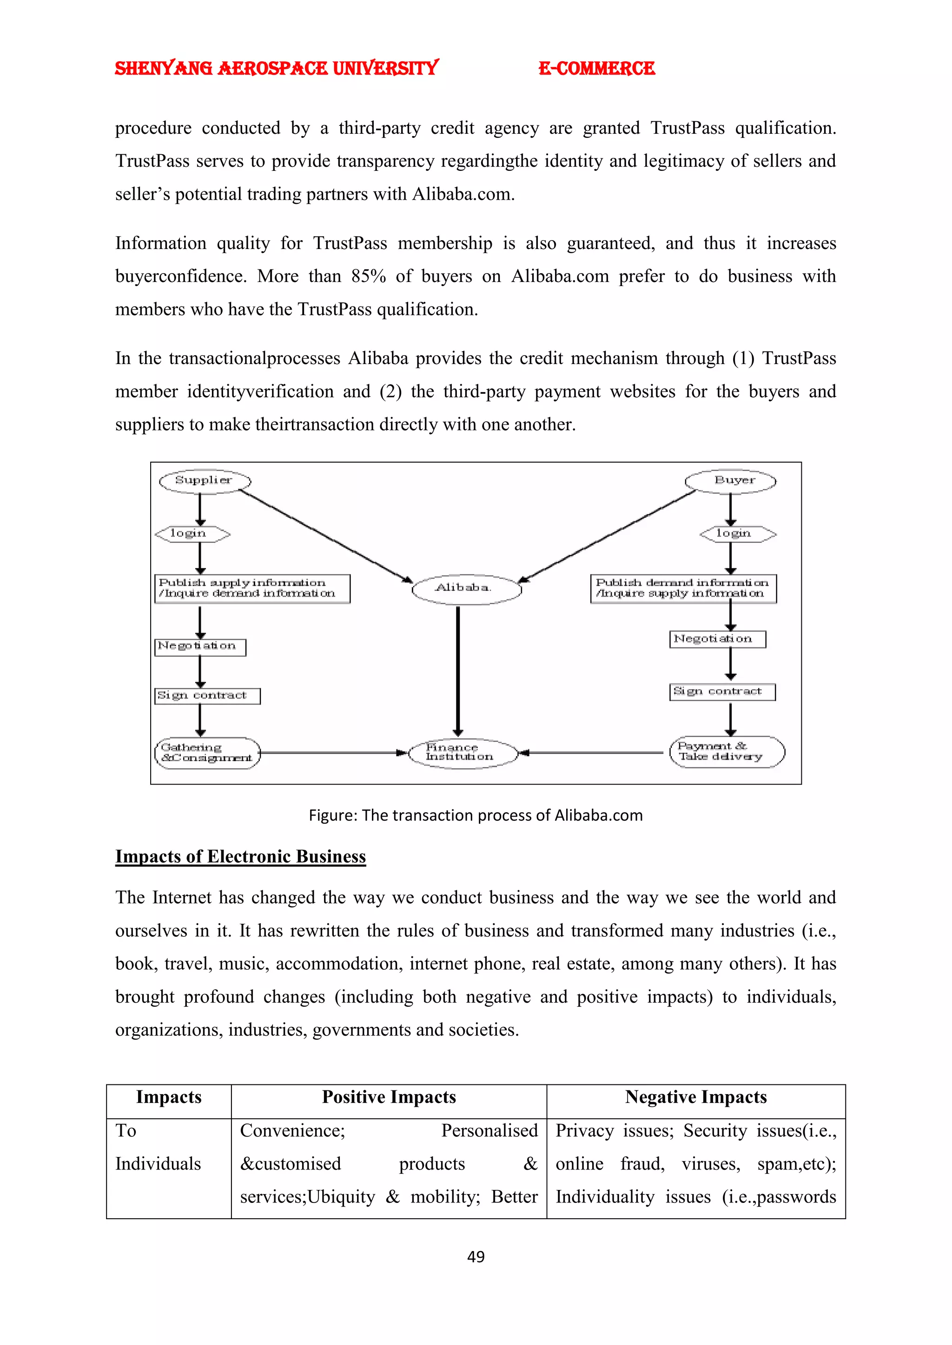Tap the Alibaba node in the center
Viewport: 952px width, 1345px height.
(x=466, y=588)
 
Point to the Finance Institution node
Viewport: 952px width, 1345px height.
(x=463, y=752)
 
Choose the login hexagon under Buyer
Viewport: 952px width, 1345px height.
(x=737, y=534)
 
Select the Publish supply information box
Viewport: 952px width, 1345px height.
(x=252, y=588)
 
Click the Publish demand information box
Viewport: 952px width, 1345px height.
(x=683, y=588)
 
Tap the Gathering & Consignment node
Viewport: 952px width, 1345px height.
(x=207, y=753)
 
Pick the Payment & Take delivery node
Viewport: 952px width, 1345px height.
(x=727, y=751)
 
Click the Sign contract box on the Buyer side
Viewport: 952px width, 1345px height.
(x=722, y=692)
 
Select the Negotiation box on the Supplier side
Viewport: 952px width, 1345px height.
(x=200, y=647)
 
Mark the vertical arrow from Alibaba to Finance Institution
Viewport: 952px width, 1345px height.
(x=458, y=671)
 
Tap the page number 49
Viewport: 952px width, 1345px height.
(x=476, y=1257)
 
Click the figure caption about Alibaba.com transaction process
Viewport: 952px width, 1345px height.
(x=476, y=816)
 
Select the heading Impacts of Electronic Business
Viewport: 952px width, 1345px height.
(x=240, y=856)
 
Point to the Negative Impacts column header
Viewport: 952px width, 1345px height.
(x=696, y=1097)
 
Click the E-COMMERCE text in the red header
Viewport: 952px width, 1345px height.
(x=596, y=69)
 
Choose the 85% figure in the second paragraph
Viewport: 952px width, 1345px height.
(x=368, y=276)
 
